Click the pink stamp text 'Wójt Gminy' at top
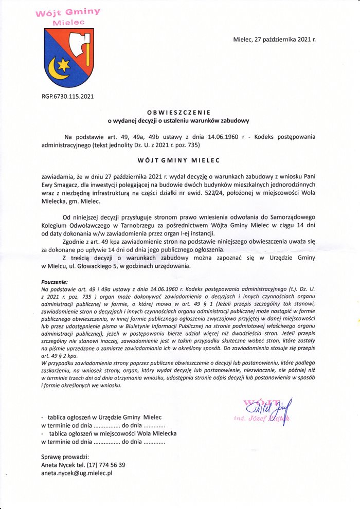(67, 12)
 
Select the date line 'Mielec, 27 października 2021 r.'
(275, 39)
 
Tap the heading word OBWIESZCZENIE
(178, 112)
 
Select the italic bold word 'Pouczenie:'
(54, 282)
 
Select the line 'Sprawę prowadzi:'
(65, 456)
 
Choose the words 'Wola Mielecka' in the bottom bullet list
(156, 433)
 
